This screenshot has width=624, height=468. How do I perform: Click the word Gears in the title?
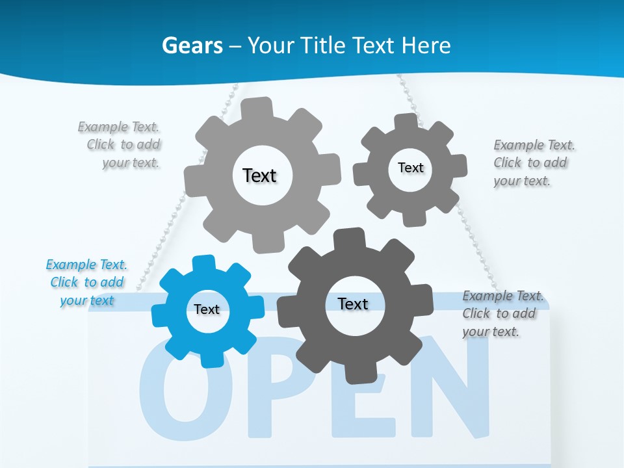pyautogui.click(x=192, y=45)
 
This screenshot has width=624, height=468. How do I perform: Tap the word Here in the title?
pyautogui.click(x=426, y=45)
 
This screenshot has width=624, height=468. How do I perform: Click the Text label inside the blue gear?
pyautogui.click(x=207, y=309)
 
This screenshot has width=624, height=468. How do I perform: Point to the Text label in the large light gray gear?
pyautogui.click(x=259, y=175)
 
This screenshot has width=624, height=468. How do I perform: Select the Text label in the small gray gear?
pyautogui.click(x=410, y=168)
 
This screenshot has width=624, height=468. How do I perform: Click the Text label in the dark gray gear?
pyautogui.click(x=353, y=304)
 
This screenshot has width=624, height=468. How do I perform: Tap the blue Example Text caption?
pyautogui.click(x=86, y=282)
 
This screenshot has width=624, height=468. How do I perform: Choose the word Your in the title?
pyautogui.click(x=270, y=45)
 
